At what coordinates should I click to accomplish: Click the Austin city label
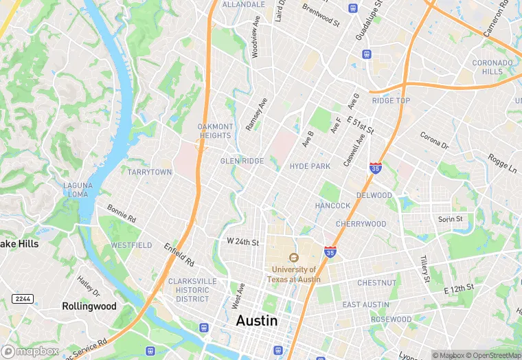pos(257,321)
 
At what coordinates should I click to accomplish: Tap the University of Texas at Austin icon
pos(293,258)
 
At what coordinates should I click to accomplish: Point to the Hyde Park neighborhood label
pos(310,166)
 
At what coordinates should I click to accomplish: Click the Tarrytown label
pos(150,172)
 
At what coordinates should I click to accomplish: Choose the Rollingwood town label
pos(89,306)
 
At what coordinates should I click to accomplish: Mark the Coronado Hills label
pos(492,67)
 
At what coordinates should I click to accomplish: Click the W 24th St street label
pos(242,243)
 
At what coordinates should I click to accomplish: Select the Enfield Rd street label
pos(179,255)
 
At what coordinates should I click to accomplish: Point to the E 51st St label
pos(360,126)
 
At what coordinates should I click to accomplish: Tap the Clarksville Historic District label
pos(192,290)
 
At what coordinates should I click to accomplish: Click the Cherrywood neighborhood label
pos(361,224)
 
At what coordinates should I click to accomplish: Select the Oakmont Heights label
pos(215,131)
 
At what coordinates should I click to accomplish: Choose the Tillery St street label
pos(424,269)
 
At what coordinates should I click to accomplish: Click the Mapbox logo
pos(30,351)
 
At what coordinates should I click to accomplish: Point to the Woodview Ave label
pos(255,42)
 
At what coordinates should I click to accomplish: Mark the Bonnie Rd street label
pos(122,213)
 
